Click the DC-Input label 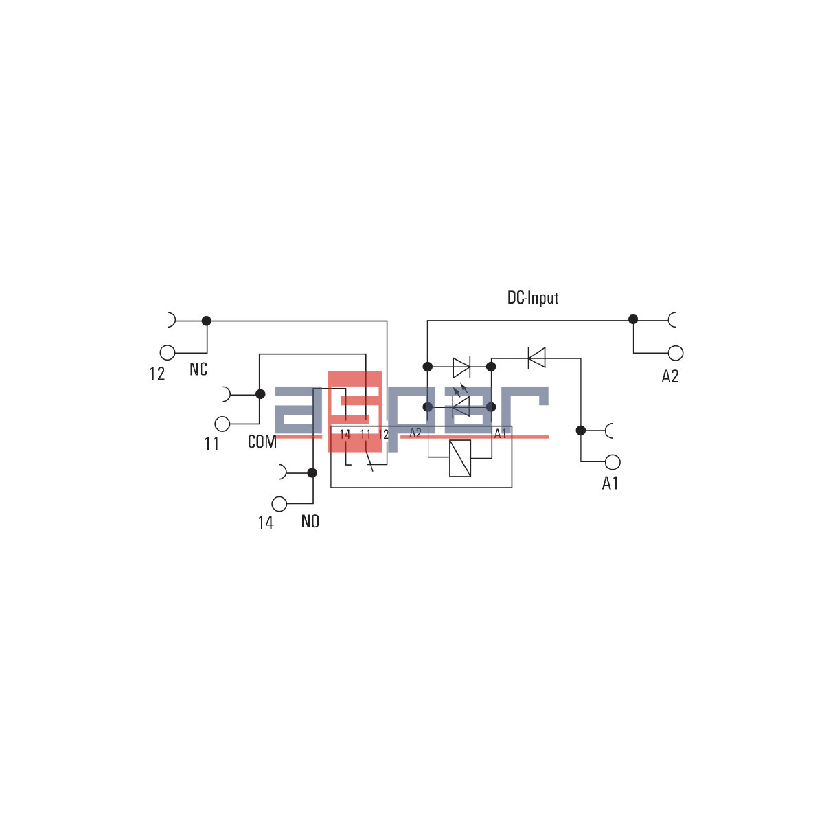[532, 298]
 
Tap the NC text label [198, 369]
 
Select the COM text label [262, 442]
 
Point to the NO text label [310, 522]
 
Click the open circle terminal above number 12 [168, 352]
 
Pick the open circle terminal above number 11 [222, 424]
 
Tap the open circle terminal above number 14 [279, 504]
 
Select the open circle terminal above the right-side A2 [676, 353]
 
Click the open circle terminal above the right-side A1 [613, 462]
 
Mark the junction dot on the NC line [207, 321]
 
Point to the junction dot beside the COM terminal [260, 394]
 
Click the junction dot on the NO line [312, 472]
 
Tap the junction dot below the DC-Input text [633, 319]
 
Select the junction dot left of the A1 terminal [581, 431]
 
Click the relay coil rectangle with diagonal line [460, 459]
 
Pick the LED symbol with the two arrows [461, 405]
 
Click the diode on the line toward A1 [536, 358]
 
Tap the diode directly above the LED [461, 367]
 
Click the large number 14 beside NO [266, 523]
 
